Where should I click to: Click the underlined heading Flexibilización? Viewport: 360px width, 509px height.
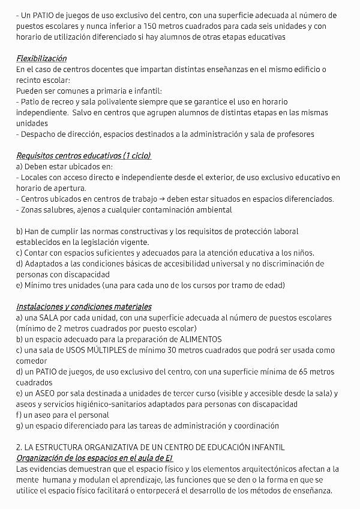(41, 59)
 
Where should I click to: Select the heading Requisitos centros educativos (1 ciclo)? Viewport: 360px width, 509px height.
(83, 156)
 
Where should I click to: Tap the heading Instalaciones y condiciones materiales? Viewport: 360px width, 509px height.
(84, 307)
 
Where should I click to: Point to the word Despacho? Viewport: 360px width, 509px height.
(40, 134)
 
